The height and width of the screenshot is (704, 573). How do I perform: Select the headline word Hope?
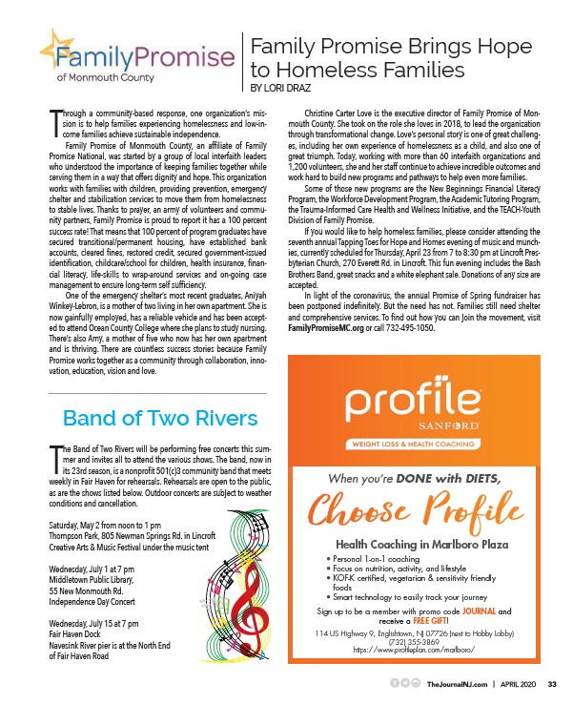pyautogui.click(x=497, y=45)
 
